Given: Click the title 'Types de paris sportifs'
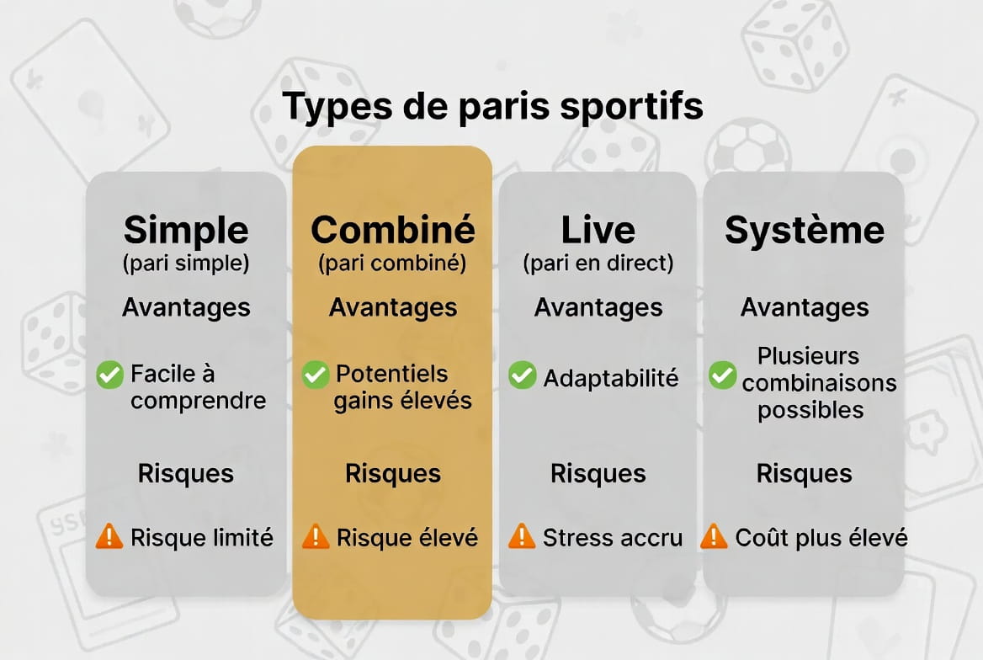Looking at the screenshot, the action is pos(492,105).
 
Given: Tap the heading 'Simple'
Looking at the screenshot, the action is pos(186,231).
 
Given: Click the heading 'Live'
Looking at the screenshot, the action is pos(598,230).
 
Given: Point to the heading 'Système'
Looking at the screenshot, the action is pos(805,230).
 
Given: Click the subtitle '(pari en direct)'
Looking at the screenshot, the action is pos(598,263).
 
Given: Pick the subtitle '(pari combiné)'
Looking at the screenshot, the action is pos(392,263).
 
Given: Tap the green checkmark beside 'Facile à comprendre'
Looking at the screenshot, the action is pos(109,375).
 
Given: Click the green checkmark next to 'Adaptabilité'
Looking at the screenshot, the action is pos(522,375).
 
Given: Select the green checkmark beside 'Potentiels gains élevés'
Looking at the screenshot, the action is pos(316,375).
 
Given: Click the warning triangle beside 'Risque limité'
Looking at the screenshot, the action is pos(109,536).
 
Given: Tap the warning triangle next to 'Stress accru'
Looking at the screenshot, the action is pos(522,536).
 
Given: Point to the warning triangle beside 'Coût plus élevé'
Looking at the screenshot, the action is pos(714,536).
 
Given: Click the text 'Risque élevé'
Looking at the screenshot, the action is pos(407,538).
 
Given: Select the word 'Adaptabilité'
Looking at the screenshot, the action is pos(611,378).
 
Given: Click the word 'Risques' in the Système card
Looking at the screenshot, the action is pos(805,474).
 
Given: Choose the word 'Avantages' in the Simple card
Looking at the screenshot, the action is pos(186,307).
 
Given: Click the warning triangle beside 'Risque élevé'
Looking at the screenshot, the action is pos(316,536).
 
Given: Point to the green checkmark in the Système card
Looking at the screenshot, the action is pos(723,375).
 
